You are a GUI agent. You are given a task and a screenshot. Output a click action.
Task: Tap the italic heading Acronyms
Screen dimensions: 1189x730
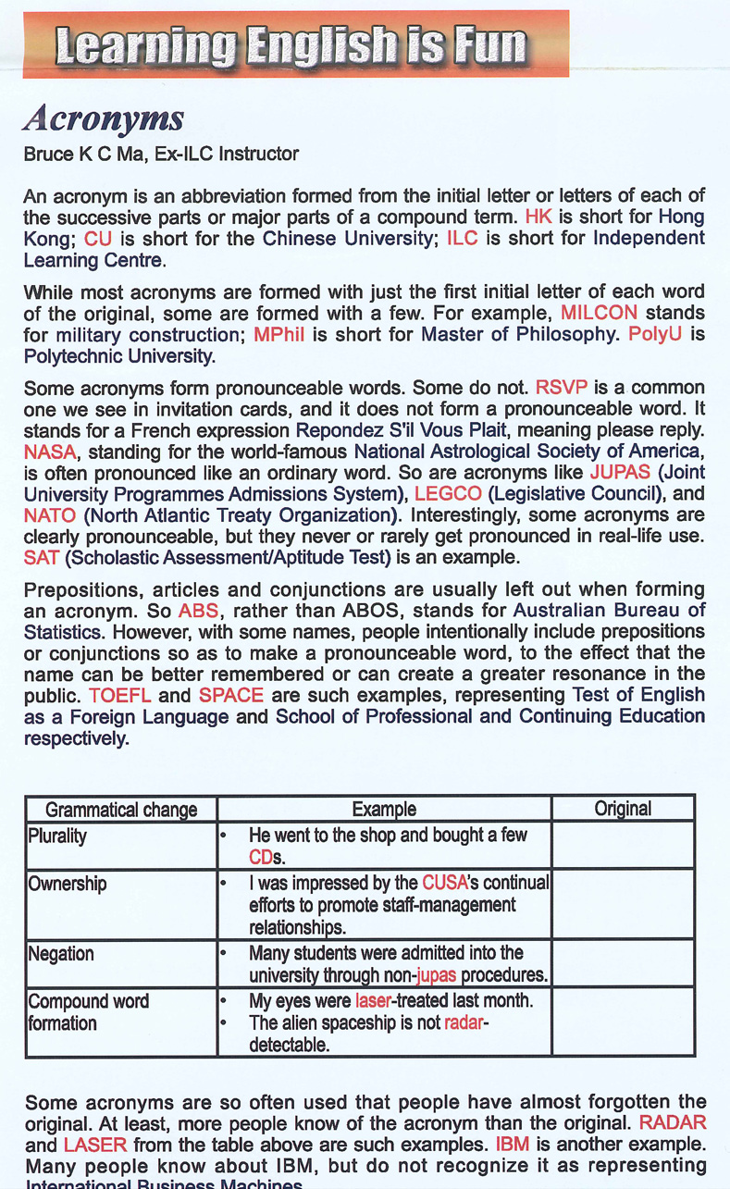(x=104, y=118)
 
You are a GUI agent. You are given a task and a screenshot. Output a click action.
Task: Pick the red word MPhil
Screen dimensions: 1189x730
(x=278, y=334)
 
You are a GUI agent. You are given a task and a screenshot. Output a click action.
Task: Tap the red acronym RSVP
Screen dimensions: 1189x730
(x=562, y=387)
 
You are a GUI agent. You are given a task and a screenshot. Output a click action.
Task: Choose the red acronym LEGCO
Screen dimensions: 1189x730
(x=448, y=494)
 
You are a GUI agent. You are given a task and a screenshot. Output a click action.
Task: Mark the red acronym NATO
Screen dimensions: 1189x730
(x=49, y=515)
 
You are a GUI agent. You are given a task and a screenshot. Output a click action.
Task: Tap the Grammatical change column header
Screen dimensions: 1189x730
(x=121, y=810)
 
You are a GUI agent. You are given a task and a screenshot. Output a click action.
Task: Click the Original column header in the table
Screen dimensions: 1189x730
(x=623, y=809)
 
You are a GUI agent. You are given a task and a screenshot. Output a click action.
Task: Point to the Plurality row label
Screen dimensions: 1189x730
(x=57, y=836)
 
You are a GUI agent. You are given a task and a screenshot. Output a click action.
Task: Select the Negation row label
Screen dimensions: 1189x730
(x=61, y=953)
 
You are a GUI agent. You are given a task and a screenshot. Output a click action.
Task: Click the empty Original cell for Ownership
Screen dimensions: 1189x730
(x=623, y=904)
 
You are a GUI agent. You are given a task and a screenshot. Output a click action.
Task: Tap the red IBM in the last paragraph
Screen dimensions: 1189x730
(x=512, y=1145)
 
